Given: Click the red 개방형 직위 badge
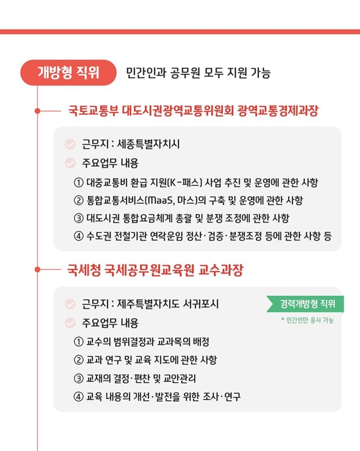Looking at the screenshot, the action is (69, 71).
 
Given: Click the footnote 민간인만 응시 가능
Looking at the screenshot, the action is (307, 320).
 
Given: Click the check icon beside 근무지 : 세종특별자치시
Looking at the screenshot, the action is (70, 144).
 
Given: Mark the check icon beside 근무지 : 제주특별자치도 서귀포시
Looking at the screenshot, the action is (70, 304).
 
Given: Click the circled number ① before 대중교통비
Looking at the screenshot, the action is (78, 181).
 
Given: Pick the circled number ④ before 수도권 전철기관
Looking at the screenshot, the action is (78, 235).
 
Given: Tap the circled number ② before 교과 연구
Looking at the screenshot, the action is (78, 359).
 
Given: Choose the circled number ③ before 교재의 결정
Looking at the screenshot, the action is (78, 378).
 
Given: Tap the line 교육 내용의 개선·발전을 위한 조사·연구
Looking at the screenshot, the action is (164, 396).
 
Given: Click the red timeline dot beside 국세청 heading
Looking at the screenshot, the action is (38, 270).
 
